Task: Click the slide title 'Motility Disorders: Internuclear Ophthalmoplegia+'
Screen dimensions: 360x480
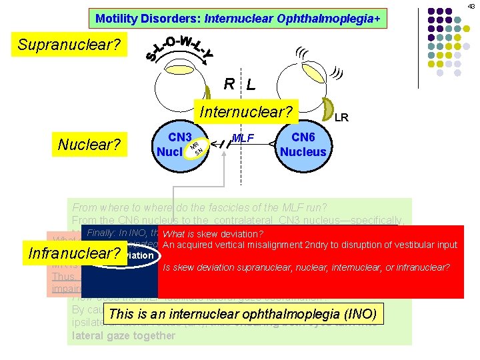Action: (238, 19)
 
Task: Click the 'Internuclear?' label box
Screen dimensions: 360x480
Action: (245, 111)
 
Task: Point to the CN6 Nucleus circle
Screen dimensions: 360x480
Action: (303, 144)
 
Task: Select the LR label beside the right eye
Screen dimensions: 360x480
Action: (341, 118)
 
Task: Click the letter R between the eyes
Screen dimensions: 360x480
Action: (229, 84)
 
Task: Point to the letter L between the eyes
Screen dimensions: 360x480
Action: (251, 85)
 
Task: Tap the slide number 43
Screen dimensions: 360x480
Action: (471, 6)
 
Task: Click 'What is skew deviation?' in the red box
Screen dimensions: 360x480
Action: (213, 234)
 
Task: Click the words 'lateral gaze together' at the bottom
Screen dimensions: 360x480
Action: (124, 336)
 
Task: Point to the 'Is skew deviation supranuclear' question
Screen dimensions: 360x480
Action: (306, 268)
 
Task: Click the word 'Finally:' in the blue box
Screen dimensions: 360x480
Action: (101, 233)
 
